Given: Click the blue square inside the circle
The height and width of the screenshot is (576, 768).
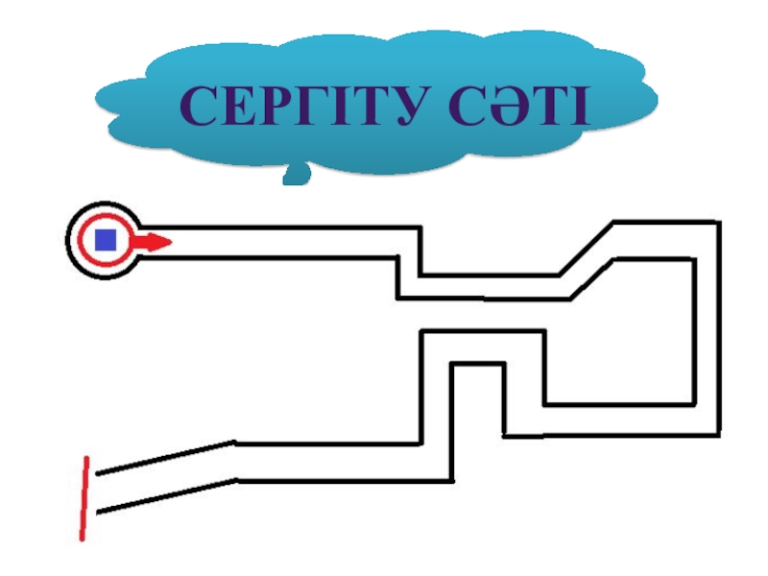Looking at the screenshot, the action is click(105, 239).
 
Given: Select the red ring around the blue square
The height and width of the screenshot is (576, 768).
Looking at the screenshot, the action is click(87, 240).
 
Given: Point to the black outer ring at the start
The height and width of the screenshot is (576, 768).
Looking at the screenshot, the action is click(71, 240).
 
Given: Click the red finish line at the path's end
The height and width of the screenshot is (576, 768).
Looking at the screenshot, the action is click(85, 498).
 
